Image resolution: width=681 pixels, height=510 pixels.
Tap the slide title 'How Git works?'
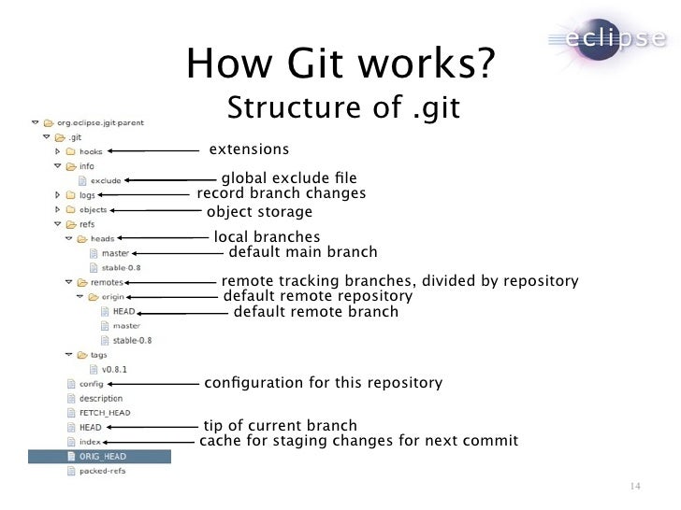[340, 64]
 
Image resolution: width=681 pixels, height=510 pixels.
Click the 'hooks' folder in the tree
[91, 151]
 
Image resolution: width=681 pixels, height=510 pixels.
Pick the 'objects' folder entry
[93, 210]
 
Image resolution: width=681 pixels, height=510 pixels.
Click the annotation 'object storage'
[259, 212]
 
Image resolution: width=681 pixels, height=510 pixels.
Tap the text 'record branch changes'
[281, 193]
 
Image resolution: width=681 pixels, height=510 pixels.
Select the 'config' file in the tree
[91, 384]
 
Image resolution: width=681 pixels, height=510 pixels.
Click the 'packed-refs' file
[102, 471]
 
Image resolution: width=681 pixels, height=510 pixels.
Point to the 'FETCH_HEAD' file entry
[104, 413]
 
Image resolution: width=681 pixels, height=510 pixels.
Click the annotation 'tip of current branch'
[280, 426]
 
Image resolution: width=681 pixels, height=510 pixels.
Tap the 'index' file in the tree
[90, 441]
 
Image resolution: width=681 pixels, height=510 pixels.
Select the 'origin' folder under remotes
[112, 296]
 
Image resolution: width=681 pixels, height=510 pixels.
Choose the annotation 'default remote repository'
[317, 296]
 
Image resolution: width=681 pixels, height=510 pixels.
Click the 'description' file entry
[100, 398]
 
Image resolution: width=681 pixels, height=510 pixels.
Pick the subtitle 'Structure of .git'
[343, 108]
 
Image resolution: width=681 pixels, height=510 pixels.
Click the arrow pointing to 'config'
[154, 384]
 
